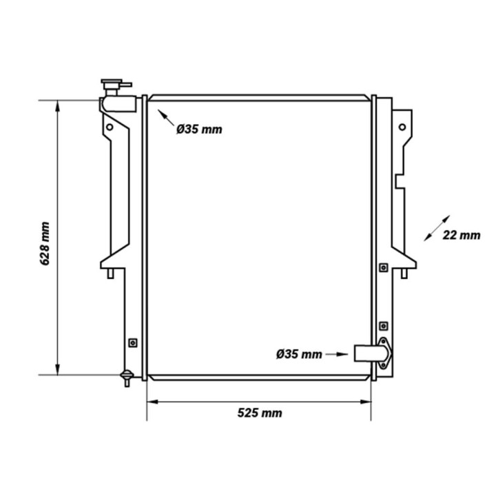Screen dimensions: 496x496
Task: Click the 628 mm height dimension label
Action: [45, 244]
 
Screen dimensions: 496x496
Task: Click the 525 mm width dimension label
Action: [260, 413]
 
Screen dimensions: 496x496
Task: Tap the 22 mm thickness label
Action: [461, 235]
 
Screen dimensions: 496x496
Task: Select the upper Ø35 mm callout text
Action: [199, 129]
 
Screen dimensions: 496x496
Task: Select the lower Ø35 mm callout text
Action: [299, 354]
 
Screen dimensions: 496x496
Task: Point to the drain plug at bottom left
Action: [127, 378]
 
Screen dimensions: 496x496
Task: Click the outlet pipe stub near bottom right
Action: [371, 353]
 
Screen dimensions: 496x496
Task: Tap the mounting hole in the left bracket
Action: [110, 127]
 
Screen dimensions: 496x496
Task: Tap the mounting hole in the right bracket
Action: [402, 127]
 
